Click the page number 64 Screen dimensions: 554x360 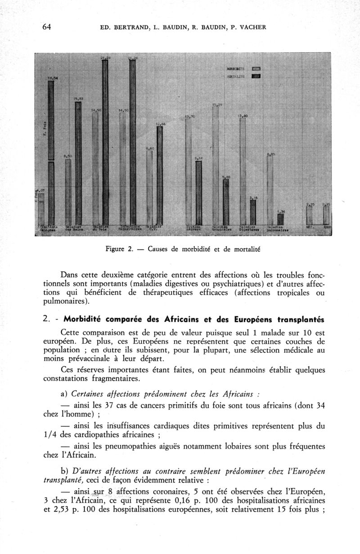click(46, 27)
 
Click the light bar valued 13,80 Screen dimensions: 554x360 click(243, 171)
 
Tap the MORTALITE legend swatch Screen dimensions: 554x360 click(256, 77)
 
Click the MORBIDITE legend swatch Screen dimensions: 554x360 click(256, 69)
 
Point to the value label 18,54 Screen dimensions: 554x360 click(53, 78)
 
